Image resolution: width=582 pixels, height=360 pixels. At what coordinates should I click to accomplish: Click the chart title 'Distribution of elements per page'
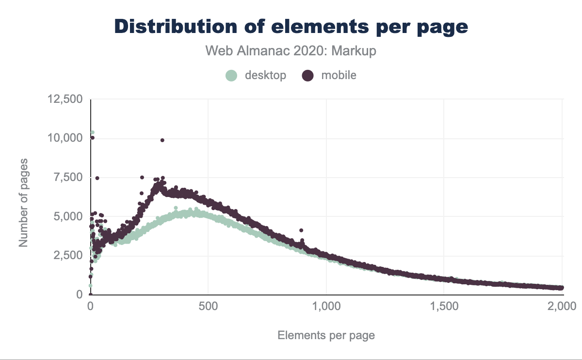291,26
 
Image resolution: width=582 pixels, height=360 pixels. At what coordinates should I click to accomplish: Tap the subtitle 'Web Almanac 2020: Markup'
291,51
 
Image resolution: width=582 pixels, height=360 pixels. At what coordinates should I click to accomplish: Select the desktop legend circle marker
232,75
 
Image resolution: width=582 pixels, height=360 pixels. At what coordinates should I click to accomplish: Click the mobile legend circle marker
308,75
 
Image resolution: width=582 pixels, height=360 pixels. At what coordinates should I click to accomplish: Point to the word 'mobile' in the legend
339,75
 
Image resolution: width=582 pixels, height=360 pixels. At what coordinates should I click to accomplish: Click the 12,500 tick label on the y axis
65,99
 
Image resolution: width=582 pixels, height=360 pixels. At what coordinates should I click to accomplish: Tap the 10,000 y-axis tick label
65,138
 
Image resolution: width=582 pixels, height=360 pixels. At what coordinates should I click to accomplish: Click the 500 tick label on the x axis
208,306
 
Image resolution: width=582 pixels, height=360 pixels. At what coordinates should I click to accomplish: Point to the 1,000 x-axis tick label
326,306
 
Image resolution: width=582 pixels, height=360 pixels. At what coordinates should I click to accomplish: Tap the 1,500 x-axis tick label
444,306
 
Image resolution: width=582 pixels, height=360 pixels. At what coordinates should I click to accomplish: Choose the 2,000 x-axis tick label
562,306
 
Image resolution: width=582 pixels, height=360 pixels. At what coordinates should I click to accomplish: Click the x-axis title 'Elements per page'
326,335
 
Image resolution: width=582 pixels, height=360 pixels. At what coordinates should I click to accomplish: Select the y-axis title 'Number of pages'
23,202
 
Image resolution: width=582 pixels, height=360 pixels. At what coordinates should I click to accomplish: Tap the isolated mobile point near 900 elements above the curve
301,230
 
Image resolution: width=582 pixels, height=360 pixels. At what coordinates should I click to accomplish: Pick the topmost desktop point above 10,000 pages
92,132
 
